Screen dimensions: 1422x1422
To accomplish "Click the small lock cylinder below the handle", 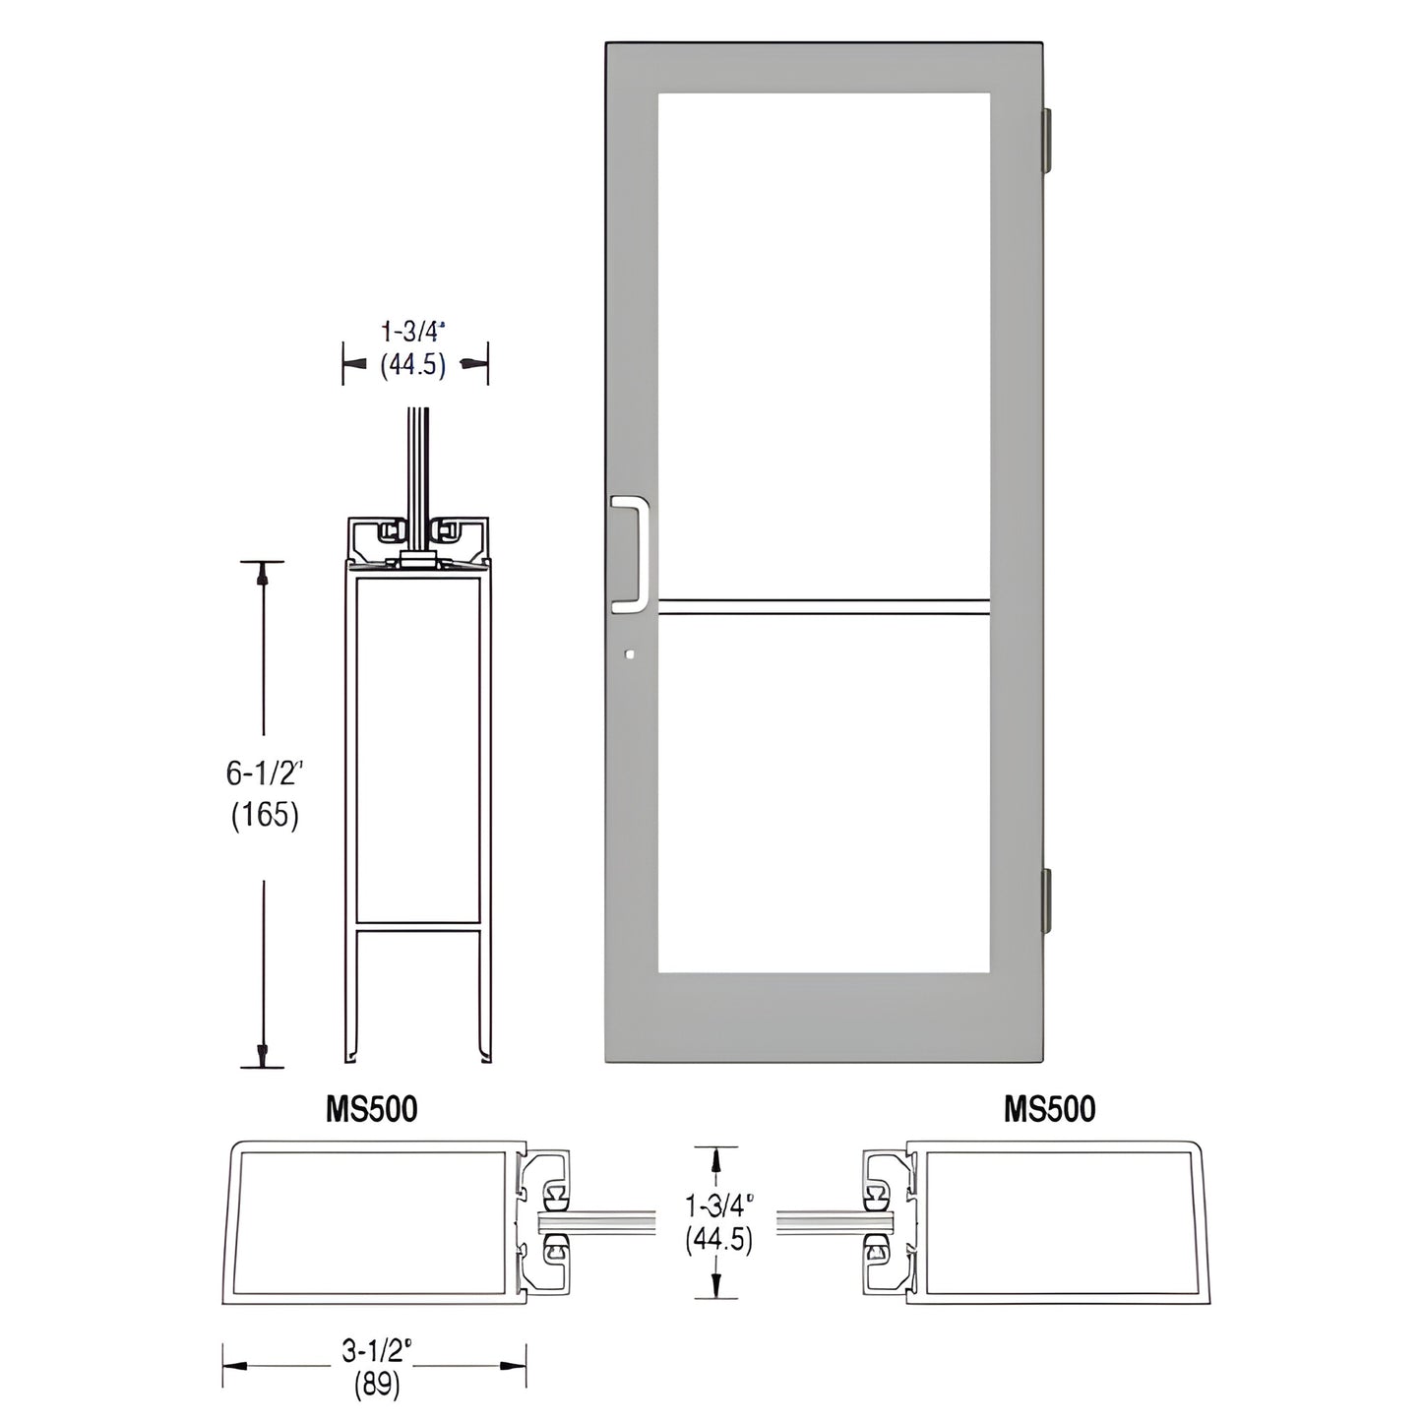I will coord(630,652).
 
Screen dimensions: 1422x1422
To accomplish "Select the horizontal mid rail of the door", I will coord(824,607).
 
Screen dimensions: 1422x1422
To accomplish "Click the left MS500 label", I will coord(372,1109).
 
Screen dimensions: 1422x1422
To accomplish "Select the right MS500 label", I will coord(1049,1109).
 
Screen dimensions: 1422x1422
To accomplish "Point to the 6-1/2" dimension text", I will coord(263,774).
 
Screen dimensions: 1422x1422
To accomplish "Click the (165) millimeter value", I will coord(263,816).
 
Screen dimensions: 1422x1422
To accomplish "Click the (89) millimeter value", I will coord(374,1385).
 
